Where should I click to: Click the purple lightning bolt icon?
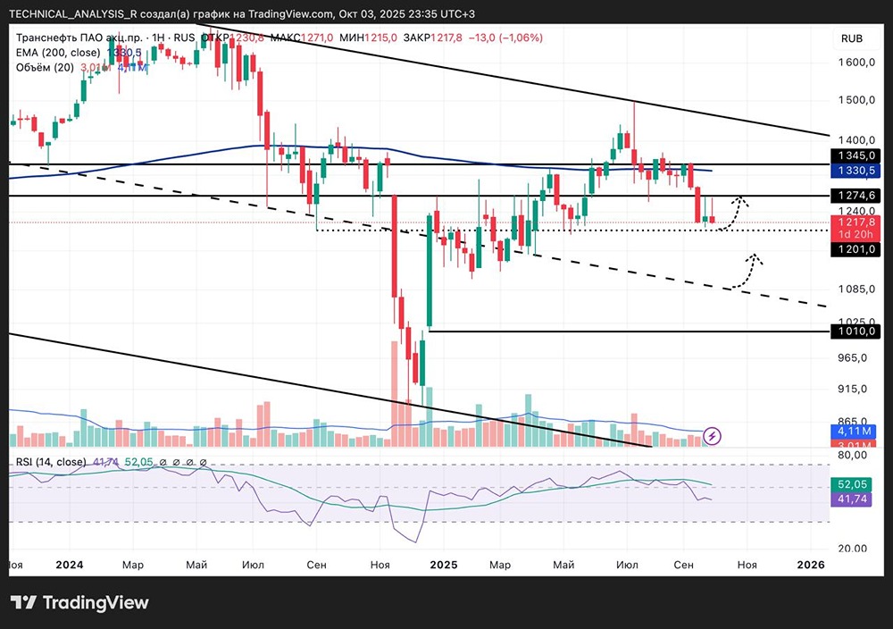click(x=713, y=436)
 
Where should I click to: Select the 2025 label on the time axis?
click(x=443, y=565)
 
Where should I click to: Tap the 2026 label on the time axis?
click(x=810, y=565)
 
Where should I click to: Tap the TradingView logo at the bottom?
click(x=79, y=602)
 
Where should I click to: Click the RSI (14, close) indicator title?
click(x=49, y=462)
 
